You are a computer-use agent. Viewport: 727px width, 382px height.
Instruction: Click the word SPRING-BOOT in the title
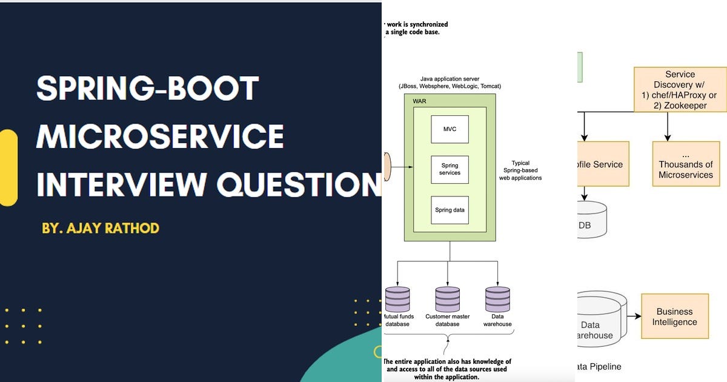(148, 89)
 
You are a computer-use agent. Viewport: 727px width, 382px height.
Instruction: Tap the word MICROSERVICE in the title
(160, 136)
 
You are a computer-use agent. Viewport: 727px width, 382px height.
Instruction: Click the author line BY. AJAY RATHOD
(101, 229)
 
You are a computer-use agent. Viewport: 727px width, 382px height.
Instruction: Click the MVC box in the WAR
(450, 129)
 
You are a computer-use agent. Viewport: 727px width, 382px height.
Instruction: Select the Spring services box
(450, 169)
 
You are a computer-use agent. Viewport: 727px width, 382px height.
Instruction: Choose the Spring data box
(450, 210)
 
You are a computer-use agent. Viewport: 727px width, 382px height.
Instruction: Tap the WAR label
(419, 101)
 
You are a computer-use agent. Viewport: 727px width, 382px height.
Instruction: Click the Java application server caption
(450, 82)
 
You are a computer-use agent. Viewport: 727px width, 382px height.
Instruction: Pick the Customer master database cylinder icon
(448, 299)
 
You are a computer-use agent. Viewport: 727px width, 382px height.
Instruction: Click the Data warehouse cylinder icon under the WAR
(497, 299)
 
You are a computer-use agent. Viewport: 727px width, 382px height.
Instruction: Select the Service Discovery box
(680, 90)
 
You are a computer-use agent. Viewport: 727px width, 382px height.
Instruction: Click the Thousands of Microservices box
(686, 164)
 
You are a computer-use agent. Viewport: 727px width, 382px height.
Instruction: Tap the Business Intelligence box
(674, 317)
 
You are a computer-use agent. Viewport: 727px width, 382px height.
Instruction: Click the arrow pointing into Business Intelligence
(634, 317)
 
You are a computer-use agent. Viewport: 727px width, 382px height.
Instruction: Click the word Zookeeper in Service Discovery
(685, 106)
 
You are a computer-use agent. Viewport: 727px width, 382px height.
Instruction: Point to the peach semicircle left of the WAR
(388, 166)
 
